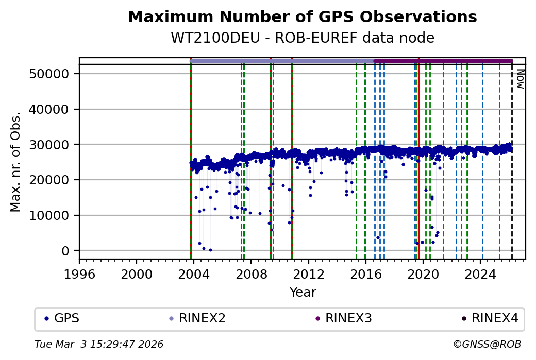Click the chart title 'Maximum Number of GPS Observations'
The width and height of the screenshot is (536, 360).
[302, 17]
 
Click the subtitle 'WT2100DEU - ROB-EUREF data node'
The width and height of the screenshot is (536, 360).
[302, 38]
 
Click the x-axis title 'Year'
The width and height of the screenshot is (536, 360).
[303, 293]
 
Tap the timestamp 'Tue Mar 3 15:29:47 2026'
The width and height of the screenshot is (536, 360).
[99, 344]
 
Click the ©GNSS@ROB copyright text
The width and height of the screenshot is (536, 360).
[487, 344]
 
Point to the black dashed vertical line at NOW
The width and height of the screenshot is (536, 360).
[512, 165]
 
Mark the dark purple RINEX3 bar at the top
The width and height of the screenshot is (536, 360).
[443, 61]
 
